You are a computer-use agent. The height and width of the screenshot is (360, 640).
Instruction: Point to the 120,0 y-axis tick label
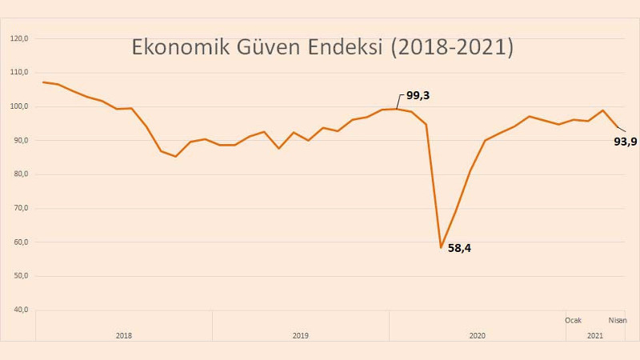click(x=19, y=38)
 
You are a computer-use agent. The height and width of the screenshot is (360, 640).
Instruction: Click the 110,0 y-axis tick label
click(x=19, y=73)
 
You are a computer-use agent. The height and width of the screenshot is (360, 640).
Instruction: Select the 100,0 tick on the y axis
click(x=19, y=106)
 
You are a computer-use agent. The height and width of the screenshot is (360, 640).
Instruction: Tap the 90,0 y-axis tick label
click(x=20, y=141)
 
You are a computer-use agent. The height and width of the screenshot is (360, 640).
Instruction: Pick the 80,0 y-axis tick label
click(x=20, y=174)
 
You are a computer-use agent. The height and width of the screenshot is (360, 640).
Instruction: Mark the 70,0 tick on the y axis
click(x=20, y=209)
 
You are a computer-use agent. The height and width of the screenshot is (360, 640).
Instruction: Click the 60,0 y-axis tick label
click(x=20, y=242)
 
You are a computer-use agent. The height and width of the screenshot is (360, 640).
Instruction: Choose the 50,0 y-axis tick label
click(x=20, y=276)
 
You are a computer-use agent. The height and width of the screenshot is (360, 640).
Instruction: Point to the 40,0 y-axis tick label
click(x=20, y=310)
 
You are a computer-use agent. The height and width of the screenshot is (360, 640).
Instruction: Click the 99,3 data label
click(x=418, y=95)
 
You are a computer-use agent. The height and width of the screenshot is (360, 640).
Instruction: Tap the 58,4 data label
click(x=459, y=248)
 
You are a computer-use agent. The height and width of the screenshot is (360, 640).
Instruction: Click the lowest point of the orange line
click(x=441, y=247)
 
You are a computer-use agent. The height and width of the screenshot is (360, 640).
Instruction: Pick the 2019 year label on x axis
click(x=300, y=335)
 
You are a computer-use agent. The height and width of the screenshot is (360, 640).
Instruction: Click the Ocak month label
click(x=573, y=320)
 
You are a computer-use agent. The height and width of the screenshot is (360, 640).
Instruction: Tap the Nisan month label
click(x=618, y=320)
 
